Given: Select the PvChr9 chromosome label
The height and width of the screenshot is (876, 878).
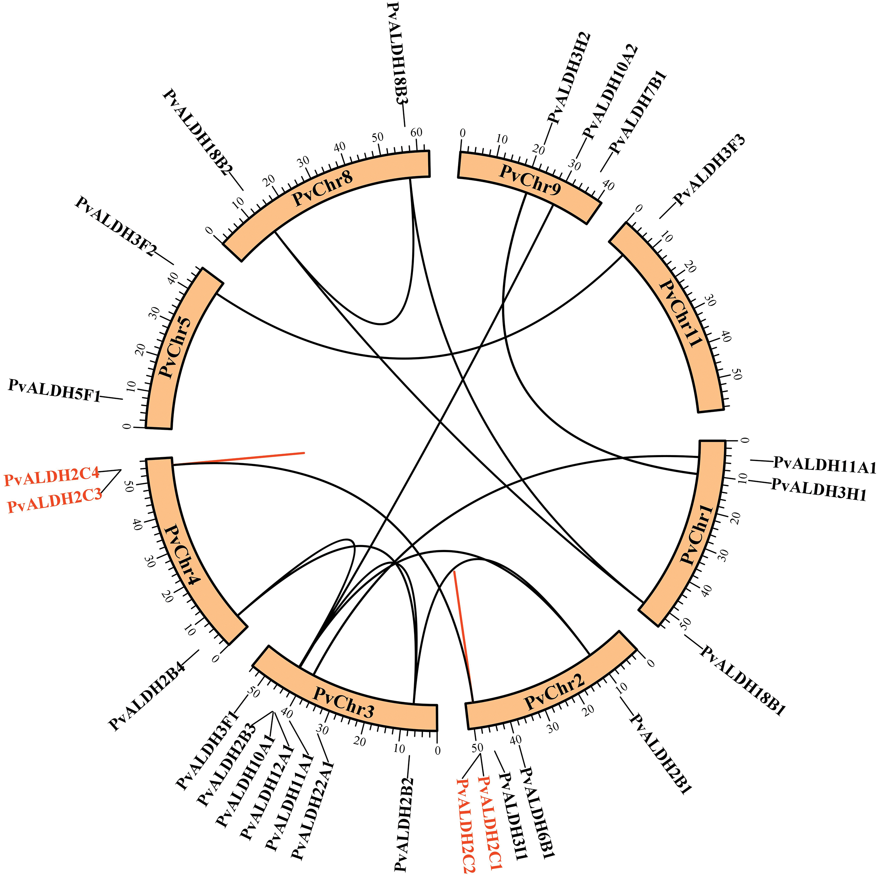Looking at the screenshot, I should [x=530, y=179].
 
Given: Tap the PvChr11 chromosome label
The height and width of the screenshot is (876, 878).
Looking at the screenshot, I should [x=679, y=314].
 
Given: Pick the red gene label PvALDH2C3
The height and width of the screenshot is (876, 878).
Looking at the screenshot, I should [x=54, y=505].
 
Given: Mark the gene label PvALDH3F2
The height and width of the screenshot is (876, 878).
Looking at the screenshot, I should [x=116, y=226].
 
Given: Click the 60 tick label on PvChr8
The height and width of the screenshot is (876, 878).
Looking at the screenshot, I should [x=416, y=132].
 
